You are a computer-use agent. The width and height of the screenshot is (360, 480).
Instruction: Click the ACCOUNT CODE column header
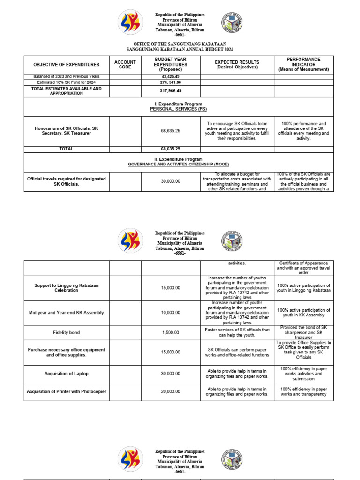(x=125, y=65)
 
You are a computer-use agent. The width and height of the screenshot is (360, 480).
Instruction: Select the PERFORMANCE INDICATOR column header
(x=304, y=65)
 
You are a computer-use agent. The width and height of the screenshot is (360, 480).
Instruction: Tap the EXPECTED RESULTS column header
(x=237, y=65)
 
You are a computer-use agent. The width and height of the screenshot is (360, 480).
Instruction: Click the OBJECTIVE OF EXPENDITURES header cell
(x=67, y=65)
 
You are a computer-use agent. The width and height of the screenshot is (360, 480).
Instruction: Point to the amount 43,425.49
(x=171, y=76)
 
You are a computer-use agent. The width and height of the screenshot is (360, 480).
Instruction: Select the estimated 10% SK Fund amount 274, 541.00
(x=171, y=82)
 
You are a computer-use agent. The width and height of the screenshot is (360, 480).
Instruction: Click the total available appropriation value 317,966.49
(x=171, y=91)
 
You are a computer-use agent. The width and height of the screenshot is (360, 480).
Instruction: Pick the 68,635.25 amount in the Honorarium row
(x=171, y=131)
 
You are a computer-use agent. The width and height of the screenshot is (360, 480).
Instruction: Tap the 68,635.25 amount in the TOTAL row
(x=171, y=149)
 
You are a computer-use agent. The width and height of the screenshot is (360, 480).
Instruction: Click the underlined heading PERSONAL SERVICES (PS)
(x=178, y=109)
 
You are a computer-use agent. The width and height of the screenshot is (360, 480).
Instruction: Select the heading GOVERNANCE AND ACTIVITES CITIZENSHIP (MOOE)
(x=178, y=165)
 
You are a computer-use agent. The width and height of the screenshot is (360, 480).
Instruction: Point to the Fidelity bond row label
(x=67, y=332)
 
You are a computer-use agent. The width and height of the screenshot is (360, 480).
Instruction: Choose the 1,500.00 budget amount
(x=171, y=332)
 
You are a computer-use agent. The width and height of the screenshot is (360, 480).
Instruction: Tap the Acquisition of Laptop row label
(x=67, y=374)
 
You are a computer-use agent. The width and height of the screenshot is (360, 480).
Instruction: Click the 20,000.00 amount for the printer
(x=171, y=392)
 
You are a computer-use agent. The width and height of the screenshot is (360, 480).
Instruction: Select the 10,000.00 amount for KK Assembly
(x=171, y=313)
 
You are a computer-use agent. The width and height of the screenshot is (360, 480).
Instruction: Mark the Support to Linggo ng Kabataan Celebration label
(x=67, y=288)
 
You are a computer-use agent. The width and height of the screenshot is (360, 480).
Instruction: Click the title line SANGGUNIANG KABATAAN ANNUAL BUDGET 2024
(x=180, y=49)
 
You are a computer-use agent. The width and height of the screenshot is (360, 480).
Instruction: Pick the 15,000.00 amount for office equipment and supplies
(x=171, y=352)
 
